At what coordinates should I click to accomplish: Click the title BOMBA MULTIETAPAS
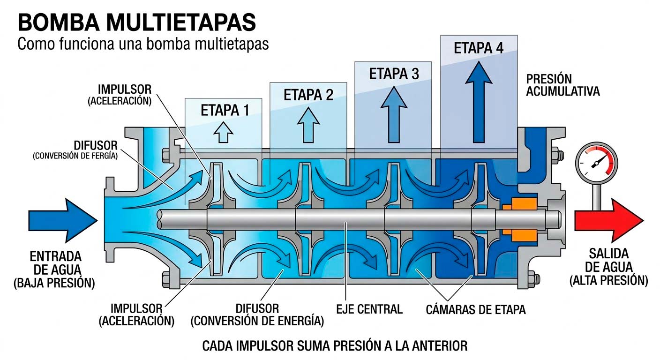(137, 22)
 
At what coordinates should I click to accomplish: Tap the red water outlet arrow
(609, 220)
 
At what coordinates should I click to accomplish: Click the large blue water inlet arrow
(63, 220)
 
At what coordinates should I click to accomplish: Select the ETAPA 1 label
(225, 111)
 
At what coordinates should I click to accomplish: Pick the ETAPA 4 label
(479, 48)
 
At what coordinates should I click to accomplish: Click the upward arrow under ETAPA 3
(394, 114)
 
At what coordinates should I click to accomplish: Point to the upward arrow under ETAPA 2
(308, 125)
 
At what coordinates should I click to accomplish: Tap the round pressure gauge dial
(597, 164)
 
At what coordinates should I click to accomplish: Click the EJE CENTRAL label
(369, 309)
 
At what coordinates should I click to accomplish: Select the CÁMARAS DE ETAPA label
(476, 310)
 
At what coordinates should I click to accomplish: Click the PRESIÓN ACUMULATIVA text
(563, 85)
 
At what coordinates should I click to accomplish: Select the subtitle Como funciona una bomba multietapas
(143, 44)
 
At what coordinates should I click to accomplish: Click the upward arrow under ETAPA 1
(223, 132)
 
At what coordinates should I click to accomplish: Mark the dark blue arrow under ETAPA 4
(479, 102)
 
